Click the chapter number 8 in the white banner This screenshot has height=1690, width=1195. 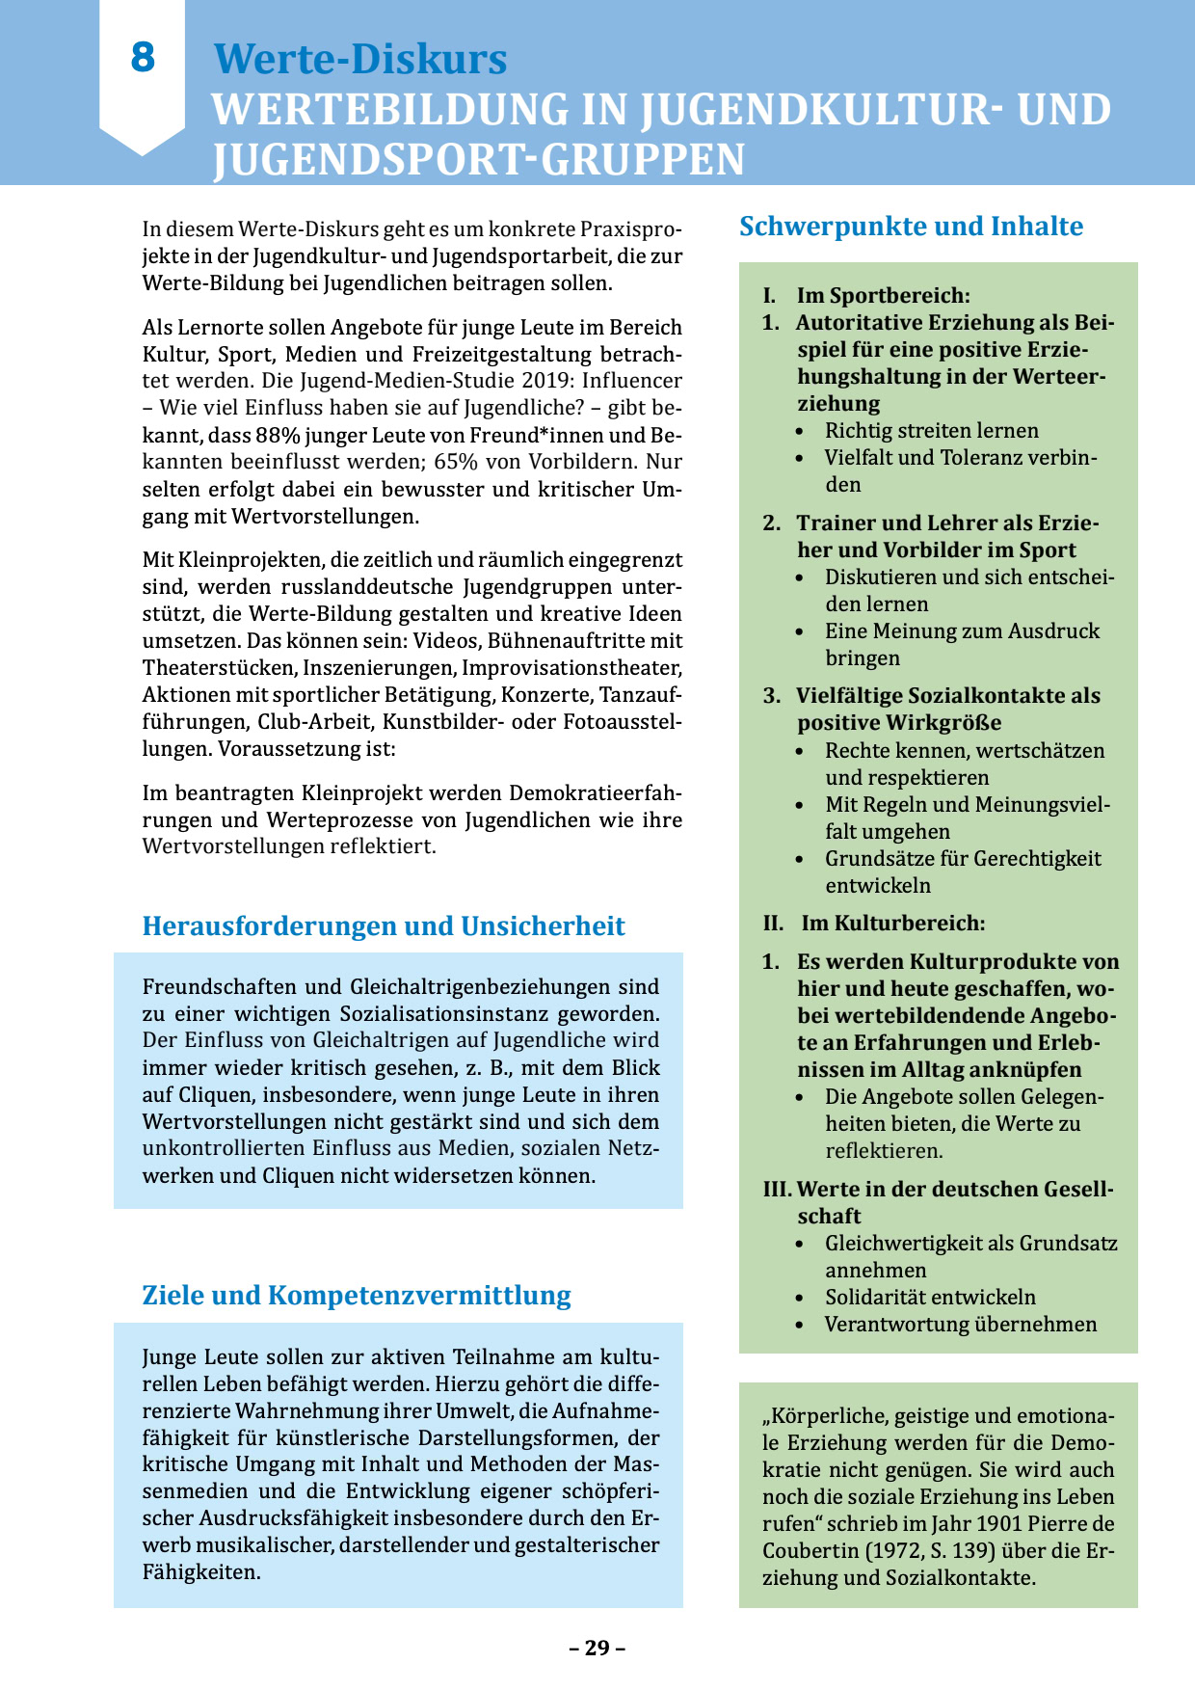point(143,58)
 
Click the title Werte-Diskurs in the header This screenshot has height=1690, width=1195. point(359,60)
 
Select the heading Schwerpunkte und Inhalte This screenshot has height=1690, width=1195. point(911,227)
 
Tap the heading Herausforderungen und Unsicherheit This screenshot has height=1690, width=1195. point(384,926)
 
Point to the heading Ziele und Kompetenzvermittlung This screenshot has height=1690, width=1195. point(357,1296)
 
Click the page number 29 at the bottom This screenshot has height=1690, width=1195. point(597,1648)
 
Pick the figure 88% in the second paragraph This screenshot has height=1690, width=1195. point(279,435)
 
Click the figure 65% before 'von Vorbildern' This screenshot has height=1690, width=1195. point(457,462)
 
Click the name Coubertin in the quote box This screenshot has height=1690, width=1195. point(809,1551)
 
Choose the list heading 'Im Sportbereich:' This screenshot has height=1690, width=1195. point(883,296)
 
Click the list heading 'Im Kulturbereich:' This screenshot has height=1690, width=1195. point(892,924)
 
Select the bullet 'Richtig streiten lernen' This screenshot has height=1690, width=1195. point(931,431)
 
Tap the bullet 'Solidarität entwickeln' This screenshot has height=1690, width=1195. point(930,1298)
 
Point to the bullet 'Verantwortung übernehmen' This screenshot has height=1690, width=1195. point(960,1325)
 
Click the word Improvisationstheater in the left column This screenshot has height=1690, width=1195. point(571,668)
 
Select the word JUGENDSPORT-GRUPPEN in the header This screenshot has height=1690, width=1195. point(479,160)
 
